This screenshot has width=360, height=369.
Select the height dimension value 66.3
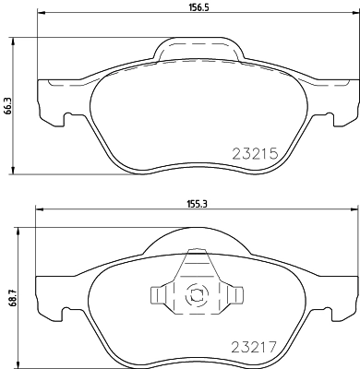pyautogui.click(x=7, y=105)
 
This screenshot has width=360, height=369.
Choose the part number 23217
pyautogui.click(x=253, y=349)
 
